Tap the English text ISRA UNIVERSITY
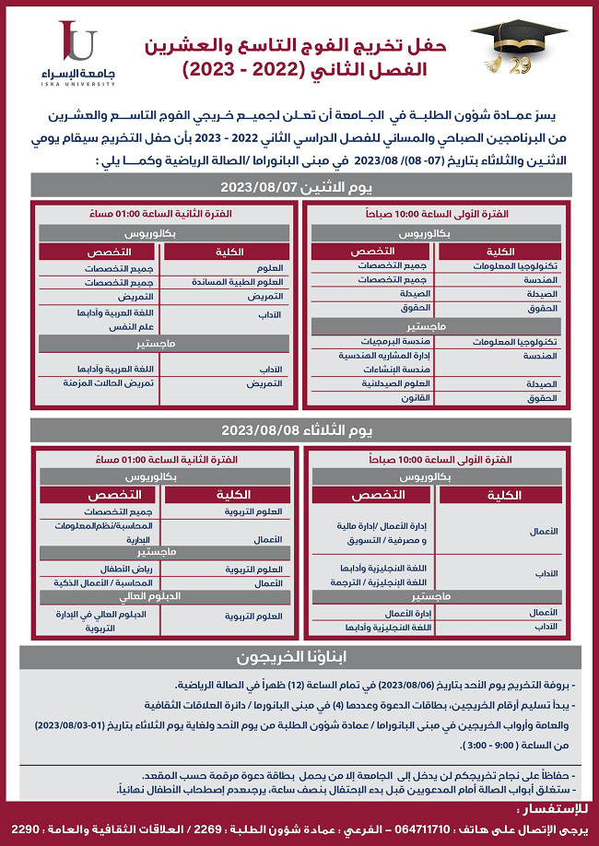tap(78, 83)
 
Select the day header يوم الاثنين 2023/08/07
tap(304, 185)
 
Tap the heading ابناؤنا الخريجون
tap(300, 658)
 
